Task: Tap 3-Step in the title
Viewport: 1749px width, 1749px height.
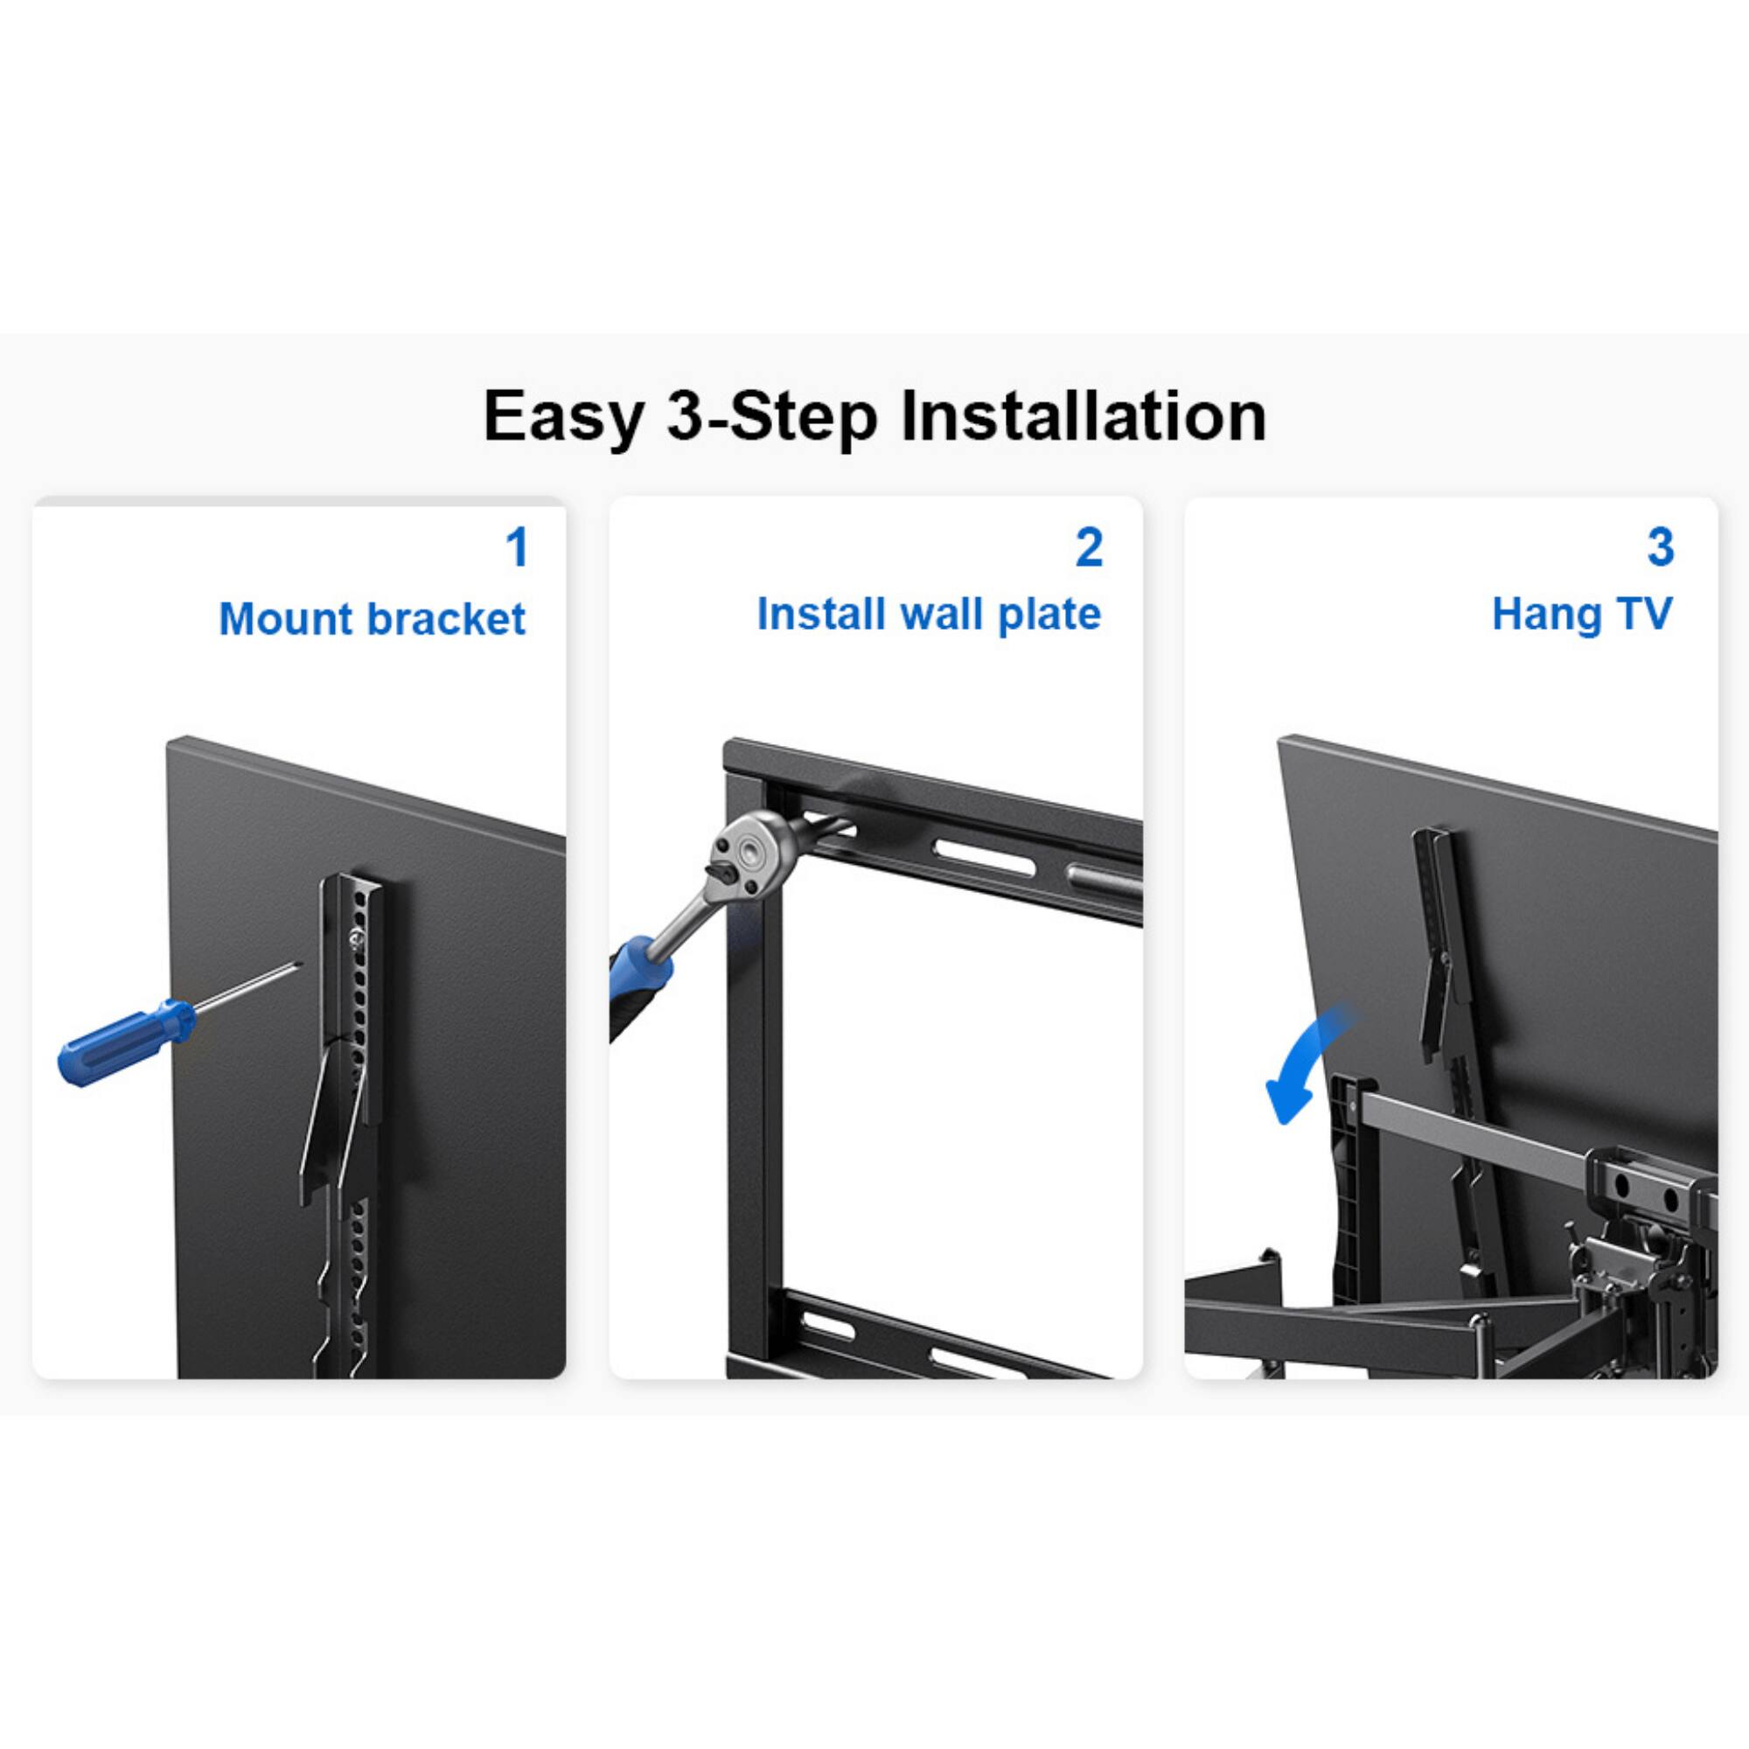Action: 771,417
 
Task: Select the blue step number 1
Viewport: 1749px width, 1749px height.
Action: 516,547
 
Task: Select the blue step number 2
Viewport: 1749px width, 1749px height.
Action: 1089,547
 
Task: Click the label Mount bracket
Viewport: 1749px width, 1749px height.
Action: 371,619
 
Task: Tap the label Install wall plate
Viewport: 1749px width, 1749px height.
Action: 928,614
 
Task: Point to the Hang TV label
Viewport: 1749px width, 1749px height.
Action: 1581,614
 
